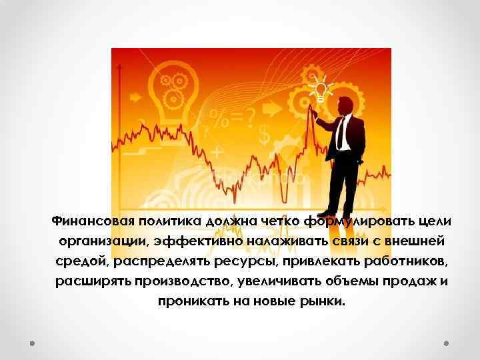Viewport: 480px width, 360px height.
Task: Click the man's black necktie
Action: [x=340, y=133]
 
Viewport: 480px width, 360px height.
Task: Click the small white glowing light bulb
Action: [x=321, y=88]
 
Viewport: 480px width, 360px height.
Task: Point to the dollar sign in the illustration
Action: [x=264, y=134]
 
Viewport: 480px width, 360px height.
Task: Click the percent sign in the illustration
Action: [x=217, y=120]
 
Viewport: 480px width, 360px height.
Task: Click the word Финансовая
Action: [x=94, y=221]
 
